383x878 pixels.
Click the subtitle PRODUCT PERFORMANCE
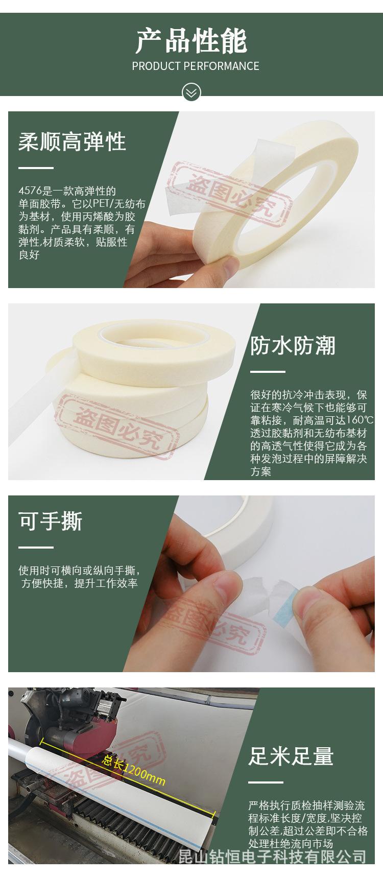[x=195, y=66]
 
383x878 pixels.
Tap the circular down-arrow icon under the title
[x=192, y=92]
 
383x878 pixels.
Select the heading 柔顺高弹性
[x=72, y=141]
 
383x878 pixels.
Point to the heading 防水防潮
[x=292, y=346]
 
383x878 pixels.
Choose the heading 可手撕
[x=50, y=521]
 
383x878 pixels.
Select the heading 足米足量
[x=291, y=756]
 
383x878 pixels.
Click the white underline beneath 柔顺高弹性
[x=36, y=168]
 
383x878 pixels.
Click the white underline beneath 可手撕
[x=36, y=547]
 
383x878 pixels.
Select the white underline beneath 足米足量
[x=266, y=782]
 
